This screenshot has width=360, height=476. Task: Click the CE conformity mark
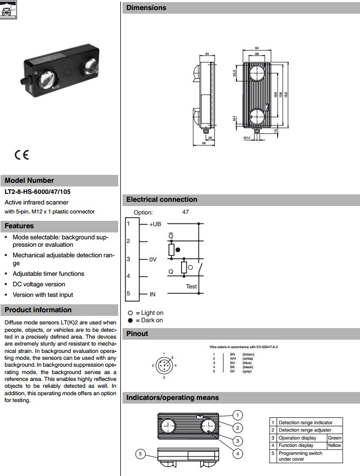click(22, 155)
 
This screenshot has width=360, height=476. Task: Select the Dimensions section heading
click(146, 8)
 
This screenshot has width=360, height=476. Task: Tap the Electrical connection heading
click(162, 200)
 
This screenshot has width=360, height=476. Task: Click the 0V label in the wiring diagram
click(153, 259)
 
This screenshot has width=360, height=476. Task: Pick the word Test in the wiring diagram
click(191, 286)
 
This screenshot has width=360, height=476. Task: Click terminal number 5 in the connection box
click(128, 293)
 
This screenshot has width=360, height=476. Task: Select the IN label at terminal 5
click(153, 293)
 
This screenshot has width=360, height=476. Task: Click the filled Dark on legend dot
click(130, 320)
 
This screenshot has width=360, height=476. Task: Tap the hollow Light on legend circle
click(130, 313)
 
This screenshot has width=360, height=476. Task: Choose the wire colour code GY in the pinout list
click(232, 371)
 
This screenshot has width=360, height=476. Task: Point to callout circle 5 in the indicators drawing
click(140, 453)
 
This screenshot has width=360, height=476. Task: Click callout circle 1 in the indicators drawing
click(238, 415)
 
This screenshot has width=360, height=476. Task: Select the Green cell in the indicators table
click(335, 438)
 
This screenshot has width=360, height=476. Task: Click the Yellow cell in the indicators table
click(335, 445)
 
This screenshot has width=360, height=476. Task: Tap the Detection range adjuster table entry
click(304, 430)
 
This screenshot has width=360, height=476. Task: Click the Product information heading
click(38, 310)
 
